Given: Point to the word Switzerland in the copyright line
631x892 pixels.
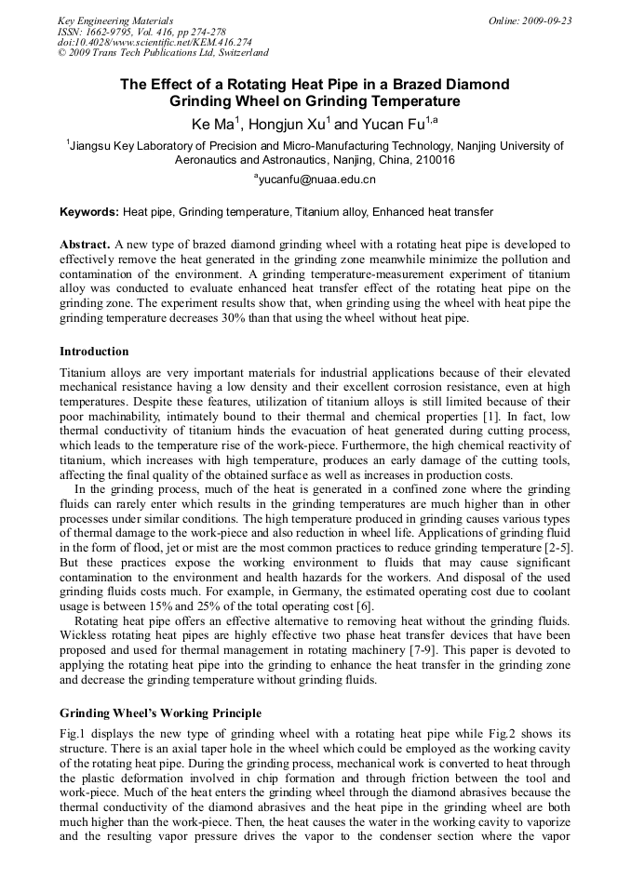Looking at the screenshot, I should point(238,53).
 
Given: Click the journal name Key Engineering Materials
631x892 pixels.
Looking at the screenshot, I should point(115,20).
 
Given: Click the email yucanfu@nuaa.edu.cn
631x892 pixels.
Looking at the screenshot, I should point(317,180).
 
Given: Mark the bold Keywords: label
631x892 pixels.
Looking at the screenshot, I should point(89,212).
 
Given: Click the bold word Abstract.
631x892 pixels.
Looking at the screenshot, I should point(85,244).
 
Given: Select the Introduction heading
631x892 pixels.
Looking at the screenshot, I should point(94,352).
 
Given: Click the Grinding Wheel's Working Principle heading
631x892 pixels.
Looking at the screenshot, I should point(160,712).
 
